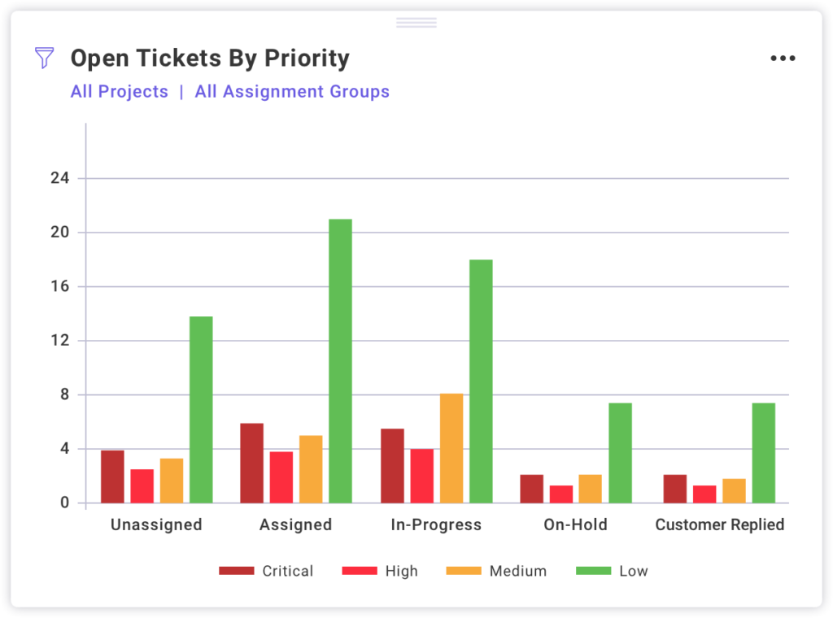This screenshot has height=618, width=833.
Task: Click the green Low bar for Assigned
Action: (x=340, y=361)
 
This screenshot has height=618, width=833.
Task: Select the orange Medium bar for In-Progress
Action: (x=451, y=448)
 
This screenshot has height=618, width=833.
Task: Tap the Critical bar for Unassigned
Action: (x=112, y=477)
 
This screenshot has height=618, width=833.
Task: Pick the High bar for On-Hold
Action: (x=561, y=494)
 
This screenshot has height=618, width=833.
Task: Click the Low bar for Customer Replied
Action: (x=763, y=453)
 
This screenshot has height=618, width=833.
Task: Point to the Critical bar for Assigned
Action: (x=252, y=463)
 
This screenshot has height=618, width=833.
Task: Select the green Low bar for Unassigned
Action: (x=201, y=410)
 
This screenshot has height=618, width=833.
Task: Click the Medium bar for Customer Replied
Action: (x=734, y=490)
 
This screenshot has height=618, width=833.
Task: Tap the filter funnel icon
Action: (x=45, y=58)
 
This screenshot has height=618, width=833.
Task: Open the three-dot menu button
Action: (x=783, y=59)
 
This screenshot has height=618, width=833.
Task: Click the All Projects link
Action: (x=120, y=92)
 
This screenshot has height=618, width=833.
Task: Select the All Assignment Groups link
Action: (x=292, y=92)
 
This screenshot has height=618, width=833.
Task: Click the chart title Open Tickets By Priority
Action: (x=210, y=59)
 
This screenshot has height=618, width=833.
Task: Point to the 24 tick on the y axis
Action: (x=59, y=178)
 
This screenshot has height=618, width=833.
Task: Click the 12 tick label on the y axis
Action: (x=59, y=341)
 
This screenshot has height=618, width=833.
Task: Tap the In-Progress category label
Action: (x=436, y=524)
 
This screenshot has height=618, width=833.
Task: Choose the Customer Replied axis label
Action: (x=719, y=524)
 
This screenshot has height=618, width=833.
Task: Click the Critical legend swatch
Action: (x=237, y=571)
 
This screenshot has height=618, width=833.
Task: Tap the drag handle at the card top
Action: (x=416, y=23)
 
